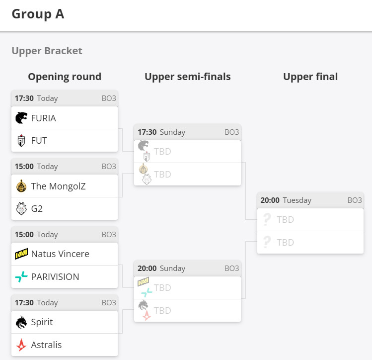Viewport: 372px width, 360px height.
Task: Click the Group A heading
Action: [38, 13]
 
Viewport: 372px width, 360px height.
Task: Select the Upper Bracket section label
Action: [47, 51]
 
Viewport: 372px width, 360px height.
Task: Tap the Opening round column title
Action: [65, 77]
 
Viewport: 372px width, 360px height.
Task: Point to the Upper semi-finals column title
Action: [187, 77]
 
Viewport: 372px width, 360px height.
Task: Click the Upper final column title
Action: [310, 77]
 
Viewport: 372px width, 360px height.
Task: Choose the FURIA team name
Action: [44, 118]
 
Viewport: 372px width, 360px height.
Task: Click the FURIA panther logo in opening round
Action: [21, 118]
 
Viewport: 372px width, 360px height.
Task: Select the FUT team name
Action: [39, 141]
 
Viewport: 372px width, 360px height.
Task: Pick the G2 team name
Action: [37, 209]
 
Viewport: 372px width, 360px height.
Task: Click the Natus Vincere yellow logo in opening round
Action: [21, 254]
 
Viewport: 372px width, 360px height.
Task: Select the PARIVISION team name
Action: [55, 277]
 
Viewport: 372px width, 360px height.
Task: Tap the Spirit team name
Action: [42, 322]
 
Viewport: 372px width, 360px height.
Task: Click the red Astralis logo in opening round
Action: [21, 345]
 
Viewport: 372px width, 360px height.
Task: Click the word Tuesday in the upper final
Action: [297, 200]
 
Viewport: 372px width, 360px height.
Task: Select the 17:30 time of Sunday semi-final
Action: [147, 132]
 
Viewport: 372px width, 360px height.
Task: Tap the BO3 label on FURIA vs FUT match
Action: [109, 98]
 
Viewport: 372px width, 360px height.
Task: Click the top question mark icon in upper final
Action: [267, 219]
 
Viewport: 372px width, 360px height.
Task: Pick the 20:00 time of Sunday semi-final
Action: [147, 269]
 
